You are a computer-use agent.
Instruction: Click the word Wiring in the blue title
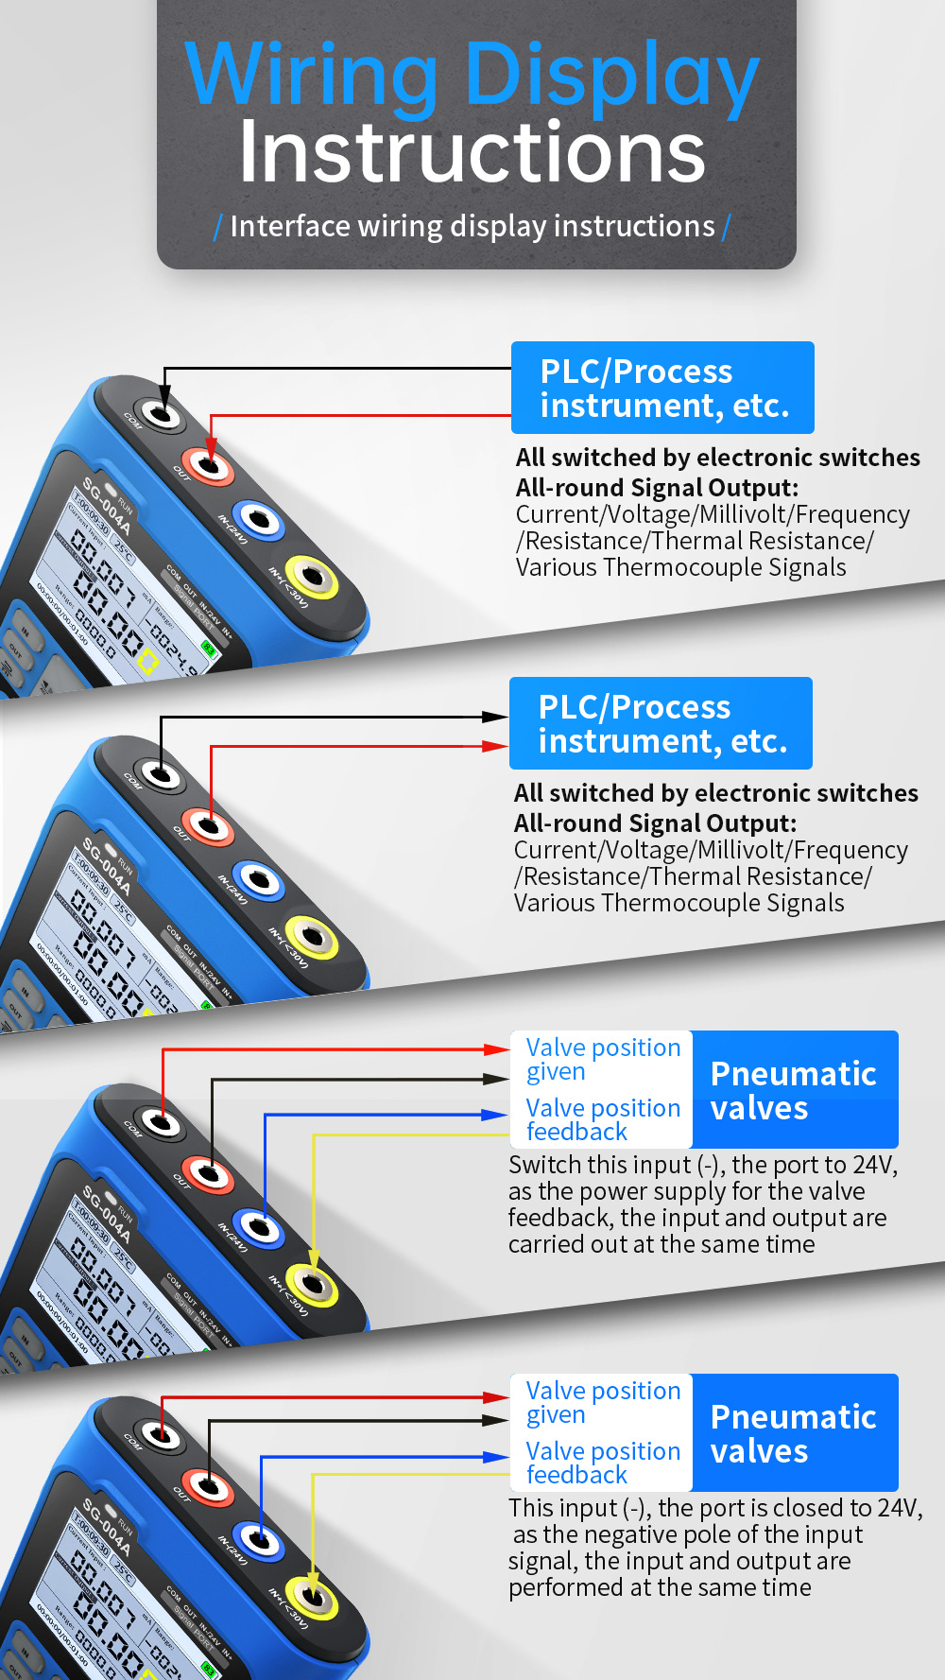tap(312, 76)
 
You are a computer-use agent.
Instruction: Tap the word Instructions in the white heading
tap(472, 152)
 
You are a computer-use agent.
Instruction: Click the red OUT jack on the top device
tap(210, 464)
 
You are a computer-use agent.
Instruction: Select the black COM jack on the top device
tap(162, 413)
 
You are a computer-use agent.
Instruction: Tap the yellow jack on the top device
tap(312, 576)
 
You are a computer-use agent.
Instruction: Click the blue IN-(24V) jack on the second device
tap(259, 880)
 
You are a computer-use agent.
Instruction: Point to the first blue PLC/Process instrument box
tap(661, 388)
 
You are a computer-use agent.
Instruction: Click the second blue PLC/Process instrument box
tap(660, 723)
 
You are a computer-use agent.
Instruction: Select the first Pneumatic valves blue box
tap(794, 1089)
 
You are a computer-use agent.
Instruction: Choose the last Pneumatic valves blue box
tap(794, 1432)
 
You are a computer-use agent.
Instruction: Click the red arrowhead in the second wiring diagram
tap(495, 746)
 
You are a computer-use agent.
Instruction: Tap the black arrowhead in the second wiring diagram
tap(495, 717)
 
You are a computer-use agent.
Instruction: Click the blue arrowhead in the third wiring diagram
tap(495, 1115)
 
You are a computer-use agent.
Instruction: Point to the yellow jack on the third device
tap(312, 1283)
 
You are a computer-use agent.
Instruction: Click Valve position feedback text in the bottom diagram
tap(602, 1463)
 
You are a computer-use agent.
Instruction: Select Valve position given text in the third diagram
tap(602, 1059)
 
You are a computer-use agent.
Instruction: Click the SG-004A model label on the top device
tap(105, 506)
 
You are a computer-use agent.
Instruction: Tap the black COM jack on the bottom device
tap(162, 1436)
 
